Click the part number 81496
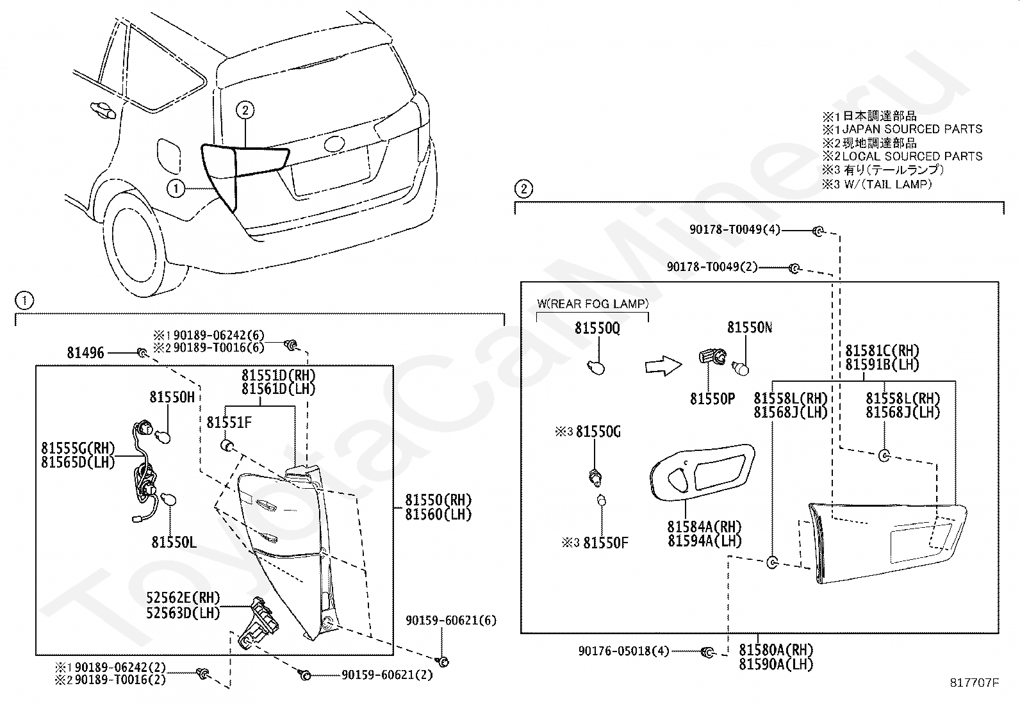click(x=86, y=352)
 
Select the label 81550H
click(x=172, y=397)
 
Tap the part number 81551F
click(x=229, y=423)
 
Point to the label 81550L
click(x=174, y=543)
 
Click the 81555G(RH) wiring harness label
click(x=78, y=448)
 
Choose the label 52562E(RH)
click(x=183, y=598)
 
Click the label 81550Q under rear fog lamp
click(x=597, y=328)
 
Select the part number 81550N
click(x=750, y=327)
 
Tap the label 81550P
click(x=712, y=399)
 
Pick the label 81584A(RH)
click(x=704, y=527)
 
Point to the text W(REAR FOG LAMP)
click(x=593, y=304)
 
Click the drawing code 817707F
click(x=974, y=683)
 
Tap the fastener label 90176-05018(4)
click(x=624, y=651)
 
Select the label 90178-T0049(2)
click(x=712, y=267)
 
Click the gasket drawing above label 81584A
click(x=702, y=473)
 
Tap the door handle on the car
click(x=103, y=111)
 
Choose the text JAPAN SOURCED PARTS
click(x=912, y=129)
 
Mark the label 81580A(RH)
click(x=776, y=650)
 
